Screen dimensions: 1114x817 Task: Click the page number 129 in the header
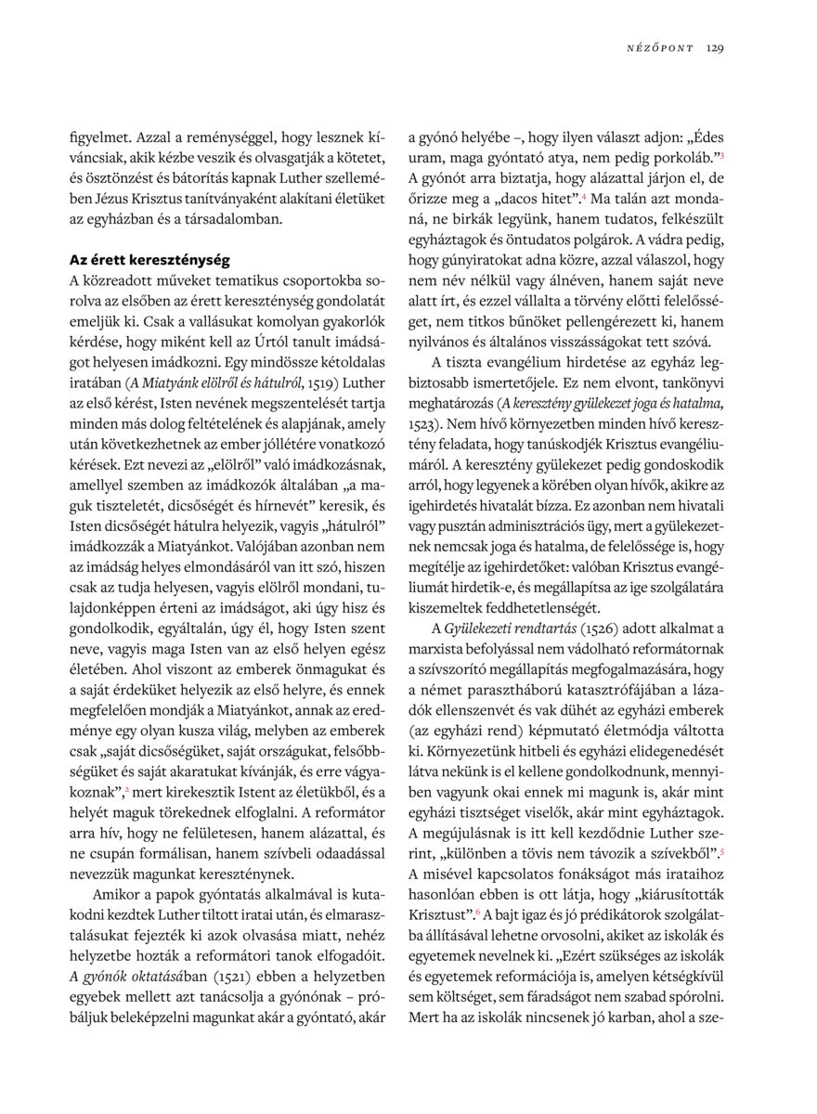point(715,47)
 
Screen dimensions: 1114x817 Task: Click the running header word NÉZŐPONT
point(661,47)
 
